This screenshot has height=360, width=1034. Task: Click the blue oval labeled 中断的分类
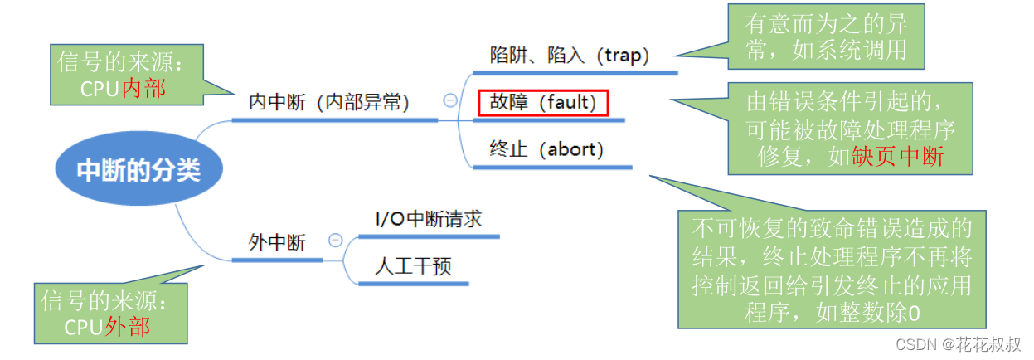click(x=138, y=170)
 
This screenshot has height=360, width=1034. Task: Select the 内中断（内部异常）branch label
click(x=329, y=102)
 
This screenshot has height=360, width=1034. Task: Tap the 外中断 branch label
click(x=277, y=242)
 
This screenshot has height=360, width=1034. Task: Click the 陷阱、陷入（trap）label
click(x=570, y=56)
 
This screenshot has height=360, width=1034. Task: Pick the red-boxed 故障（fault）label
click(x=543, y=103)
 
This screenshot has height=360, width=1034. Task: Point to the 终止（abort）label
click(x=546, y=149)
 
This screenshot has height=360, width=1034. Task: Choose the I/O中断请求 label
click(x=428, y=219)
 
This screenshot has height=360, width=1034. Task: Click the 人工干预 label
click(x=413, y=266)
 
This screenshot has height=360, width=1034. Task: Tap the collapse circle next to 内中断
click(x=450, y=100)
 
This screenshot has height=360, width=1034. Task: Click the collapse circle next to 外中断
click(x=335, y=241)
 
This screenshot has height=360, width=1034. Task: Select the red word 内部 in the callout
click(x=143, y=89)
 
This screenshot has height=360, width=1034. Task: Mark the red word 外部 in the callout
click(x=128, y=326)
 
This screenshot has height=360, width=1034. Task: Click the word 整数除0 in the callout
click(x=886, y=313)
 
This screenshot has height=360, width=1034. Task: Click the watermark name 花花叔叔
click(x=991, y=343)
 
